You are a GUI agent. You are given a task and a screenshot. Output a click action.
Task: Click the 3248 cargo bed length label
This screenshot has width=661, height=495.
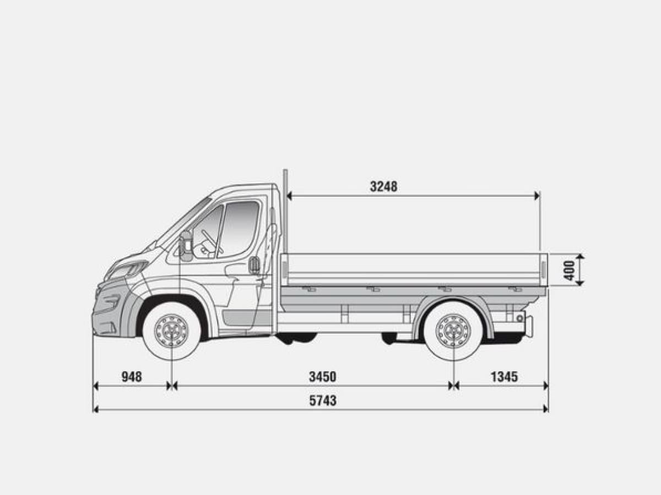coord(383,186)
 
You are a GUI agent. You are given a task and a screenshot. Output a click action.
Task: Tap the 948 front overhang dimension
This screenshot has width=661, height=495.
coord(132,377)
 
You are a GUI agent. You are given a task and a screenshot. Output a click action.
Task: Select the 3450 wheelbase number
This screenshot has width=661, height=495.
coord(323,377)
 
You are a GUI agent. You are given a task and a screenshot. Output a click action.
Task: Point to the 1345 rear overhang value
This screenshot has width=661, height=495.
coord(505,377)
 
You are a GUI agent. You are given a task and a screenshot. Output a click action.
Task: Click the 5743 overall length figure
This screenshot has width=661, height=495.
coord(323,400)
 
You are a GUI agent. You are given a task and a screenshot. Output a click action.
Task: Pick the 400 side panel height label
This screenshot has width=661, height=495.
coord(569,271)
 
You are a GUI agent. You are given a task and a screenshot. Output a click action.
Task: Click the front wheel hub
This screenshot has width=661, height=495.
coord(171,331)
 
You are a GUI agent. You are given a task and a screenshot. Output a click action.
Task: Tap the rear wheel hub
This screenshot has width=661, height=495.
coord(453,332)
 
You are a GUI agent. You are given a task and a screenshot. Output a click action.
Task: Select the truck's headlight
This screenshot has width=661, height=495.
coord(127,269)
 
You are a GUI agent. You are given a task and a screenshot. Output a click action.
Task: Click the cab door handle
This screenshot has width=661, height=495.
coord(254,265)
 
